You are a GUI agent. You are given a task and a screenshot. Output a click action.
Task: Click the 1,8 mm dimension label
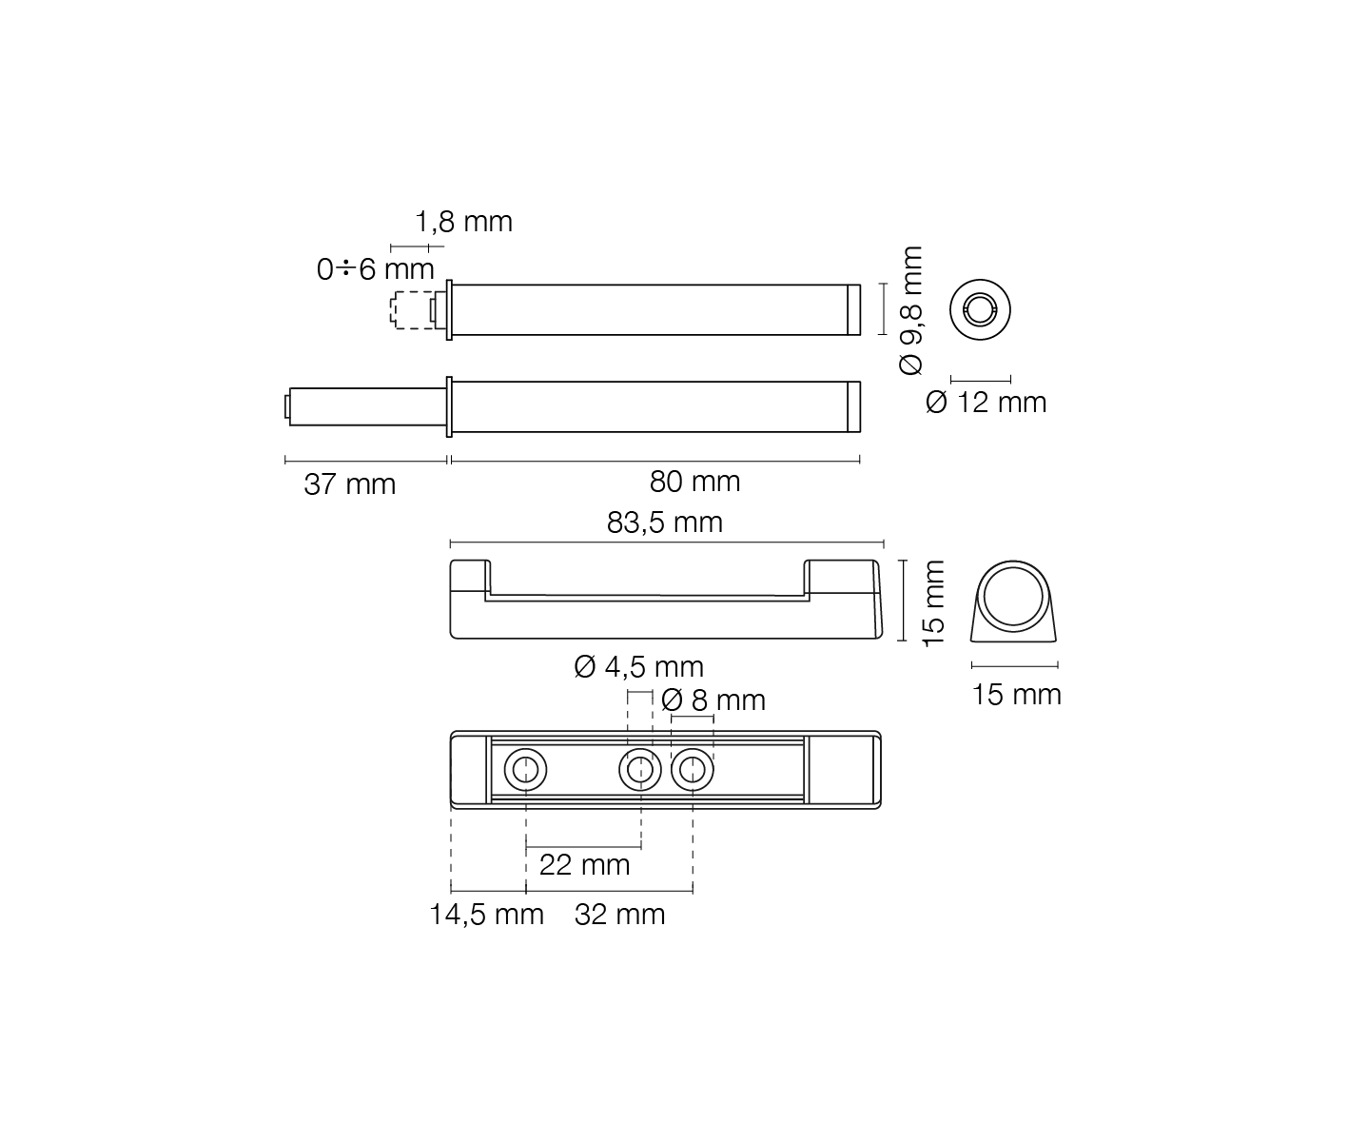point(463,222)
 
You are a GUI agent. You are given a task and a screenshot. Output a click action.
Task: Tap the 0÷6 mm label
point(375,269)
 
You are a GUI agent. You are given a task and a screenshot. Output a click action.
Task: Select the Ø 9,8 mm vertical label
point(911,310)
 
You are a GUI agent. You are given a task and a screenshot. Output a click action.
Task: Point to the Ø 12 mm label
point(986,403)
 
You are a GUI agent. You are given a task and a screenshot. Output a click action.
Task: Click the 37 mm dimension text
point(349,484)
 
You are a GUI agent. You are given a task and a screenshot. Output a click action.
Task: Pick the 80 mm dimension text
point(694,482)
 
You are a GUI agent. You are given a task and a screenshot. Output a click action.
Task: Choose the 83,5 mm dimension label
point(664,523)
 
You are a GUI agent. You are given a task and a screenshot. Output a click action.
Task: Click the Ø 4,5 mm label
point(638,666)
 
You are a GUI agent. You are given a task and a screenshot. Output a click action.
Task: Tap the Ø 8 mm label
point(713,700)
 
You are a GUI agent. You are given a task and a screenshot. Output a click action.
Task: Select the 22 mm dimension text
point(584,865)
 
